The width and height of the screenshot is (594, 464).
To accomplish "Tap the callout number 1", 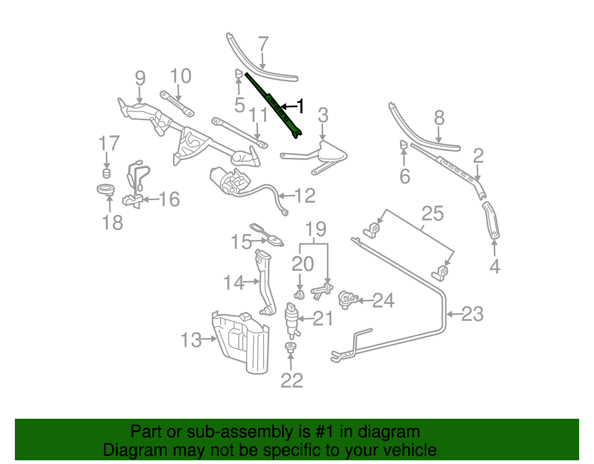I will [x=300, y=107].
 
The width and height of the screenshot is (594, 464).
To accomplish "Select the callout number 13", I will [x=191, y=340].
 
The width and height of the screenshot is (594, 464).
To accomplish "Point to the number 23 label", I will [x=472, y=314].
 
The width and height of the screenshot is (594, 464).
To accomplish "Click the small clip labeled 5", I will [x=238, y=74].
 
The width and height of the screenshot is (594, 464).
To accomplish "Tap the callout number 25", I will [x=433, y=214].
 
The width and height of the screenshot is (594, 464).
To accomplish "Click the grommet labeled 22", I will [x=290, y=347].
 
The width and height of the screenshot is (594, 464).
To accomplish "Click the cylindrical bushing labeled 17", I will [x=107, y=173].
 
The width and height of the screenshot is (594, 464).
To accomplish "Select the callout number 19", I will [x=316, y=229].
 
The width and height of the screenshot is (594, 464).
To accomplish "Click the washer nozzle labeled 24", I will [x=347, y=299].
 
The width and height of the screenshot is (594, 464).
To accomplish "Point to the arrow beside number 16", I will [x=150, y=199].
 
